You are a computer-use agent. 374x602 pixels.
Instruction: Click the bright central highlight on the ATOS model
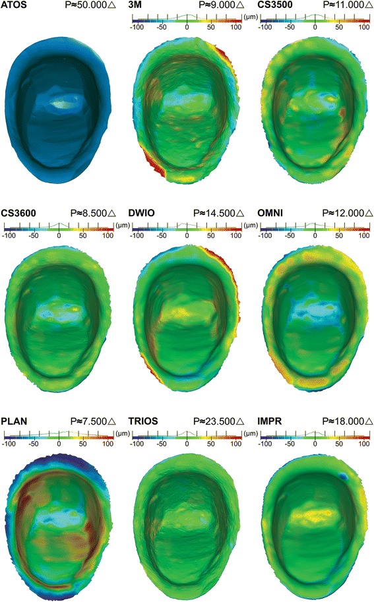[61, 104]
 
